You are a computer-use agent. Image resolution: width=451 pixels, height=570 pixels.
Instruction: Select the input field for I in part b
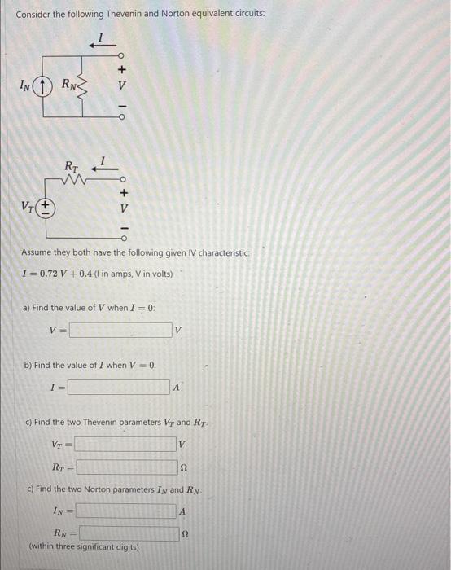click(x=119, y=388)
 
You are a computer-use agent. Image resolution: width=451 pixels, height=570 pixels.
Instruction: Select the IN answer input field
click(x=126, y=511)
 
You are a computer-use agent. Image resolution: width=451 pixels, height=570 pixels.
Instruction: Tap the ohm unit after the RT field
click(x=184, y=468)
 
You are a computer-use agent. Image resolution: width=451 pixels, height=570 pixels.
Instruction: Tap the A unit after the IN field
click(x=183, y=511)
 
